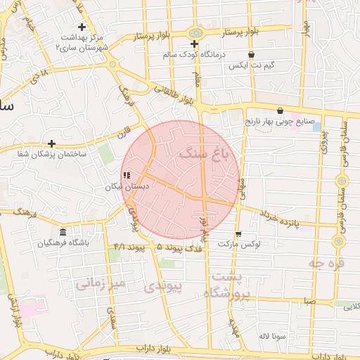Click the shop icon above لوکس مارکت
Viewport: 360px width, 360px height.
tap(238, 234)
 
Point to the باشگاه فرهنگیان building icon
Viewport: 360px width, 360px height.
tap(63, 233)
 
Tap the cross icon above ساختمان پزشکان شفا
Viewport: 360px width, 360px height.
tap(51, 143)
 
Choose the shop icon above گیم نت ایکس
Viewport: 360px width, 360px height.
tap(251, 54)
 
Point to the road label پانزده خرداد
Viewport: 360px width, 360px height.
tap(290, 218)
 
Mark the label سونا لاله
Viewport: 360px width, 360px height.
tap(271, 336)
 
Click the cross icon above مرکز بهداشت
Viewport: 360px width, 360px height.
tap(82, 27)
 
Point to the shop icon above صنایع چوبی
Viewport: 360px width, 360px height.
tap(281, 110)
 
